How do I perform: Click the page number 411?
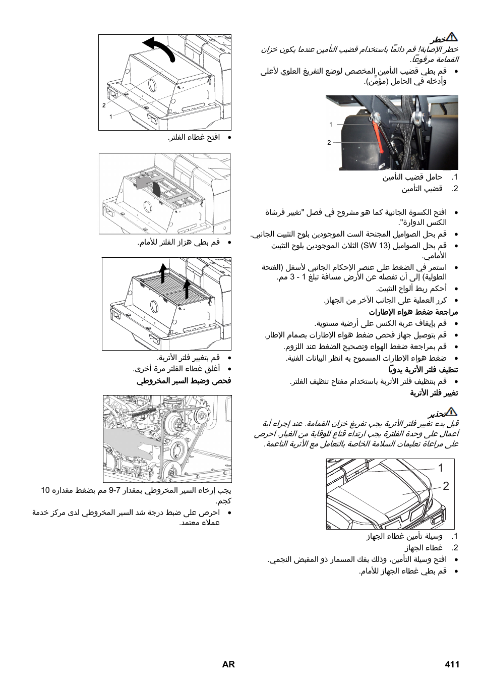[452, 664]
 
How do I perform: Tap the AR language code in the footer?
[228, 664]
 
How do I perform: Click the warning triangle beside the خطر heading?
[452, 37]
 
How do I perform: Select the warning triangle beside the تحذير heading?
[452, 412]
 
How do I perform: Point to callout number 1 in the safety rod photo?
[331, 124]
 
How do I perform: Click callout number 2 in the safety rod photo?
[329, 143]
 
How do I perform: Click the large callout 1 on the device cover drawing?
[440, 468]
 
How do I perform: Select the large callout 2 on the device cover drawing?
[445, 486]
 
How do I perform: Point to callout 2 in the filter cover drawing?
[104, 105]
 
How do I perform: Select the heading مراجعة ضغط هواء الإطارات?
[413, 312]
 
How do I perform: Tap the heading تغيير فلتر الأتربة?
[434, 393]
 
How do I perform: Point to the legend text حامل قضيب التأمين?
[412, 177]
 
